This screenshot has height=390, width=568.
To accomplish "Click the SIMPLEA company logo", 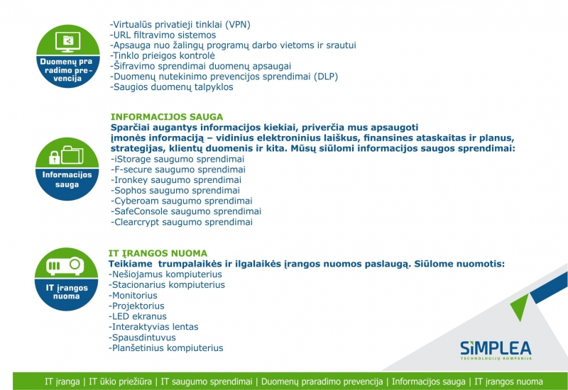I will pyautogui.click(x=495, y=350).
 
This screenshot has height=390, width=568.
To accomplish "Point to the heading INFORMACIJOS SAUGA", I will pyautogui.click(x=167, y=116).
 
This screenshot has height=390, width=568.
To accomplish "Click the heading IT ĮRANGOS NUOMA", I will pyautogui.click(x=158, y=253).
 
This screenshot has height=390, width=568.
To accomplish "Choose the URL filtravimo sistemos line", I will pyautogui.click(x=163, y=35).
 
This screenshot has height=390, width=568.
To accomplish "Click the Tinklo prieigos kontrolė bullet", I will pyautogui.click(x=163, y=55).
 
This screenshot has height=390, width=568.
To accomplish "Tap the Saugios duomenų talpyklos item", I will pyautogui.click(x=172, y=87).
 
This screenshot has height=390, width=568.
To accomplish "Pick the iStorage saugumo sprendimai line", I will pyautogui.click(x=178, y=159).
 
